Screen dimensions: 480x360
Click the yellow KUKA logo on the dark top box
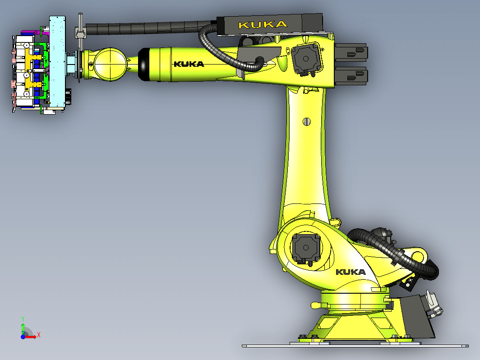[x=263, y=25]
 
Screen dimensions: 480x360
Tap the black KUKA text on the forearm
[x=189, y=64]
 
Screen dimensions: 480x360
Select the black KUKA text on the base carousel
[x=351, y=272]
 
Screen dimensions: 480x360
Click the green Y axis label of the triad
[x=23, y=318]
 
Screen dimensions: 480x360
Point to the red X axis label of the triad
[x=39, y=335]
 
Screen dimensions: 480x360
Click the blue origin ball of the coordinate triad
[x=23, y=337]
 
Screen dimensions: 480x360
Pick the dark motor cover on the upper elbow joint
[x=306, y=59]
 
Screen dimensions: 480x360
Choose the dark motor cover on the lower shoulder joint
[x=306, y=248]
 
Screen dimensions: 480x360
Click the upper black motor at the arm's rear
[x=351, y=52]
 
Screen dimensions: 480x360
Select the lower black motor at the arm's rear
[x=351, y=76]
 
